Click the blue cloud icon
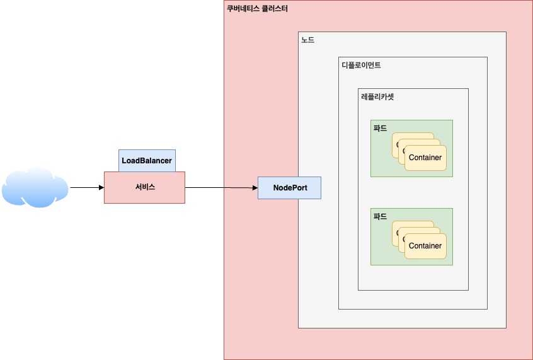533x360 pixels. tap(35, 187)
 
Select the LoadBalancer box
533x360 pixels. tap(147, 161)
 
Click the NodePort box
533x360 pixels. tap(290, 188)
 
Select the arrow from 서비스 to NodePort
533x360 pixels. tap(221, 187)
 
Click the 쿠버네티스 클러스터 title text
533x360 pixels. tap(257, 9)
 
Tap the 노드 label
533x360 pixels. tap(307, 40)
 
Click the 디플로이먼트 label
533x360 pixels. tap(361, 65)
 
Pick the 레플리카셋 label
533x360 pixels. tap(377, 96)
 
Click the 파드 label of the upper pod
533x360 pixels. tap(380, 127)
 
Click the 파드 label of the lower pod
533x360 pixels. tap(380, 216)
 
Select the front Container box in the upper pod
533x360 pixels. tap(425, 158)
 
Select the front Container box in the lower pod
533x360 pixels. tap(425, 246)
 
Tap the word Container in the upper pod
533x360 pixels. tap(425, 158)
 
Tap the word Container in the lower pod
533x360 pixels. tap(425, 246)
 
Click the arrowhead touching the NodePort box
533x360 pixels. tap(255, 188)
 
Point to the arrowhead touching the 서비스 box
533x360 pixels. tap(101, 187)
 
